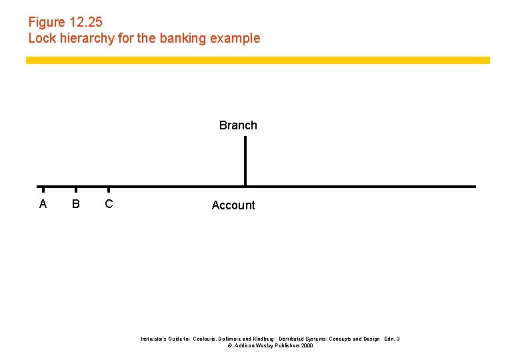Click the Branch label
238,125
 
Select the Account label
233,205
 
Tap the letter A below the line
43,204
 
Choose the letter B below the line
76,204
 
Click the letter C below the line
109,204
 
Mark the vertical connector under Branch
245,161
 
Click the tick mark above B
76,189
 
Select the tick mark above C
109,189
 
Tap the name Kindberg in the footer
261,339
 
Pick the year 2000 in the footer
307,346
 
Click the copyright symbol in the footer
230,346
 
